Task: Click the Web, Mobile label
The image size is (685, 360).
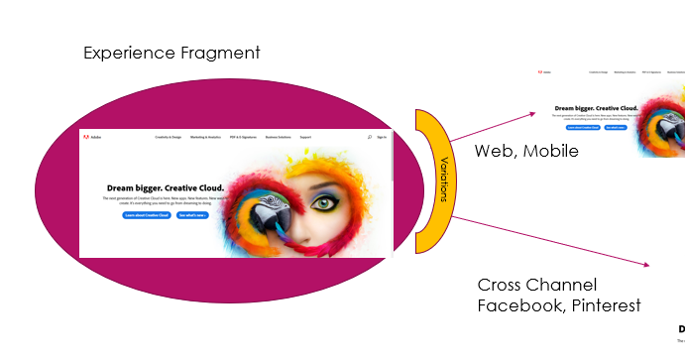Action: click(x=525, y=152)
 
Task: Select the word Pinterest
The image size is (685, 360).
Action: click(x=602, y=305)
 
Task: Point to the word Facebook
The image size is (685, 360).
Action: click(x=517, y=305)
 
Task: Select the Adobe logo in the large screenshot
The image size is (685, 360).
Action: click(x=94, y=137)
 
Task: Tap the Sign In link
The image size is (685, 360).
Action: click(x=382, y=137)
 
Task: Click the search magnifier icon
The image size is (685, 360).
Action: click(x=369, y=137)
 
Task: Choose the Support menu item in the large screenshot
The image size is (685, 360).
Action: click(x=305, y=137)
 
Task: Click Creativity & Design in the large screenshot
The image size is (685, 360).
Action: click(x=167, y=137)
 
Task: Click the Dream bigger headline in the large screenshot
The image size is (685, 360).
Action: click(x=164, y=186)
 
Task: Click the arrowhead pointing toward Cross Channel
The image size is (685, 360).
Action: click(x=645, y=265)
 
